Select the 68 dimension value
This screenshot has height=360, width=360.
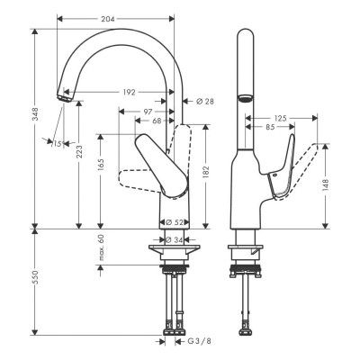pyautogui.click(x=157, y=121)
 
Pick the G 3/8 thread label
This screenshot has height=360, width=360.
pyautogui.click(x=197, y=341)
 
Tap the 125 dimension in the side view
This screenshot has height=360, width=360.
pyautogui.click(x=281, y=117)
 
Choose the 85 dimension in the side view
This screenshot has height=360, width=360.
pyautogui.click(x=272, y=127)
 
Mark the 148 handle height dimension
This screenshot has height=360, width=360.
pyautogui.click(x=326, y=185)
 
